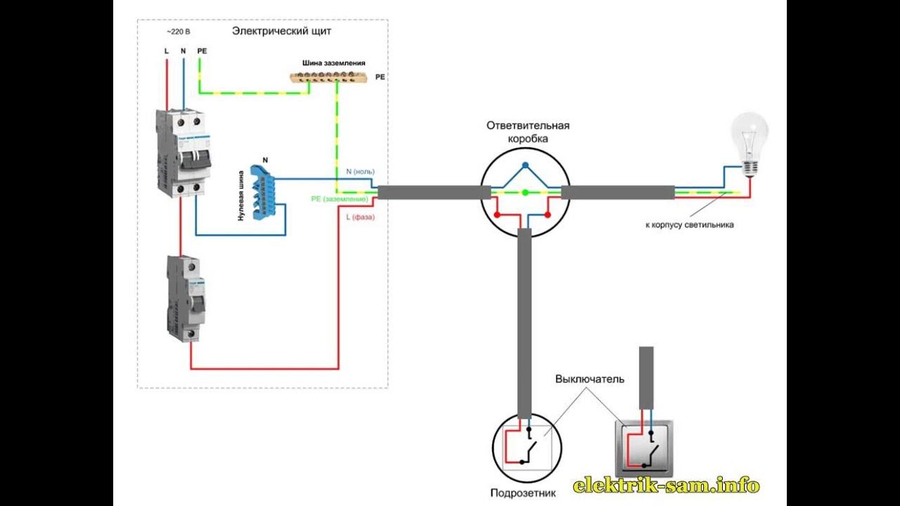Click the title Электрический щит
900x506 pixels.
(x=281, y=32)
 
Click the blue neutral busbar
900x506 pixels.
(x=264, y=191)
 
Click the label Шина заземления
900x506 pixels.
(x=334, y=63)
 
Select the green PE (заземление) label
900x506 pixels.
(x=340, y=200)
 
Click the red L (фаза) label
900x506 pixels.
(x=360, y=217)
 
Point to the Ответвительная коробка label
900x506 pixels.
(x=527, y=132)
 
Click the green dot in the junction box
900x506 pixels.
(x=525, y=192)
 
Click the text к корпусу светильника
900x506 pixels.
(x=689, y=226)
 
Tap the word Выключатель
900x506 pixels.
(x=589, y=379)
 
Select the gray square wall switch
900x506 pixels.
(x=644, y=448)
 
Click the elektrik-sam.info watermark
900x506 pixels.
(x=667, y=485)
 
